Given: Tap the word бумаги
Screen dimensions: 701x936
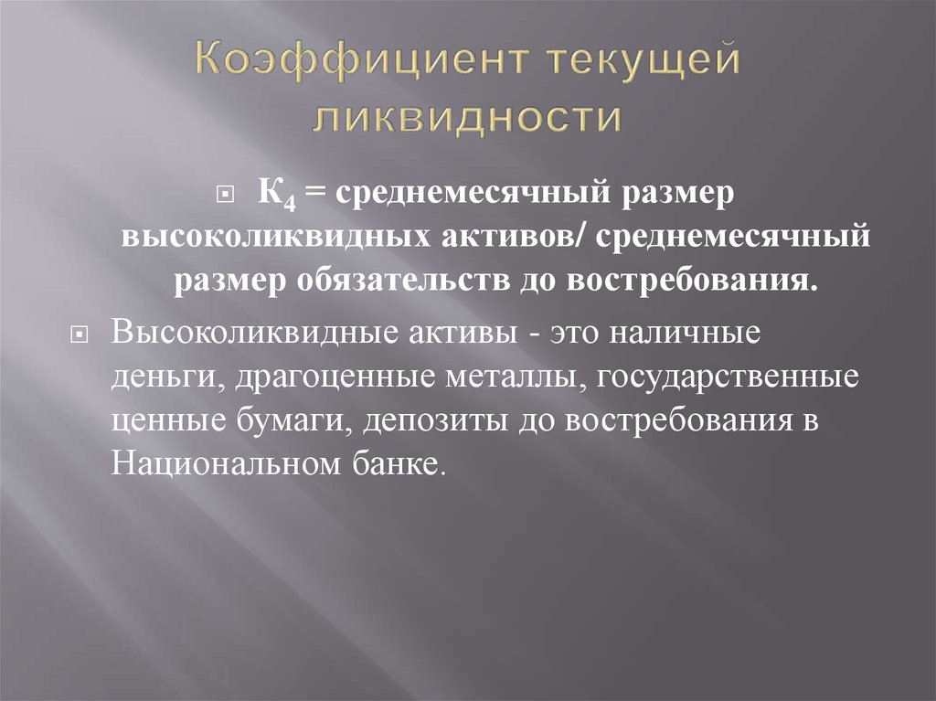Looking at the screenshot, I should pyautogui.click(x=295, y=420).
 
